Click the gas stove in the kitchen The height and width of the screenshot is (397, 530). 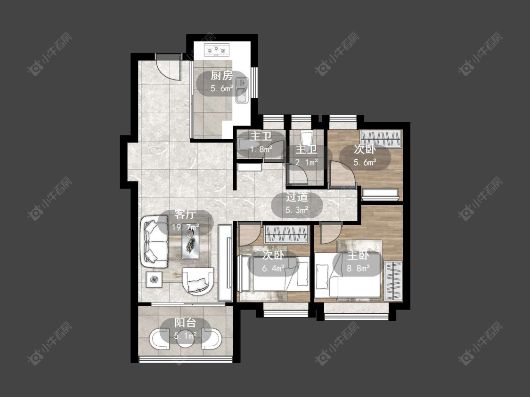[216, 50]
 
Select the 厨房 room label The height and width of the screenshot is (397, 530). [222, 76]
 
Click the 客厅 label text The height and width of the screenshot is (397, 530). [185, 214]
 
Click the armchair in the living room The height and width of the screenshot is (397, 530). [198, 281]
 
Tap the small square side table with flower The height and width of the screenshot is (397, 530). [154, 279]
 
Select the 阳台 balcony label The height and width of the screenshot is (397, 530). [185, 323]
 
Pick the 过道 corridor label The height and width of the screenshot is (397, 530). [297, 197]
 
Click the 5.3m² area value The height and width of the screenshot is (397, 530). [297, 210]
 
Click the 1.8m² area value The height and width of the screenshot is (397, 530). [261, 149]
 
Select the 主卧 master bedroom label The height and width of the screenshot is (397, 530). [359, 255]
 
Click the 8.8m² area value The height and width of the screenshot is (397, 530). [359, 269]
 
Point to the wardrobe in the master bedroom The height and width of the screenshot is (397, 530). [393, 281]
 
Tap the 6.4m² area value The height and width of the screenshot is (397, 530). [273, 269]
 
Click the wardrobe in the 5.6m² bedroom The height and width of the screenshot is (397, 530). [381, 139]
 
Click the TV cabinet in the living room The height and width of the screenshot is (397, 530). [225, 262]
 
